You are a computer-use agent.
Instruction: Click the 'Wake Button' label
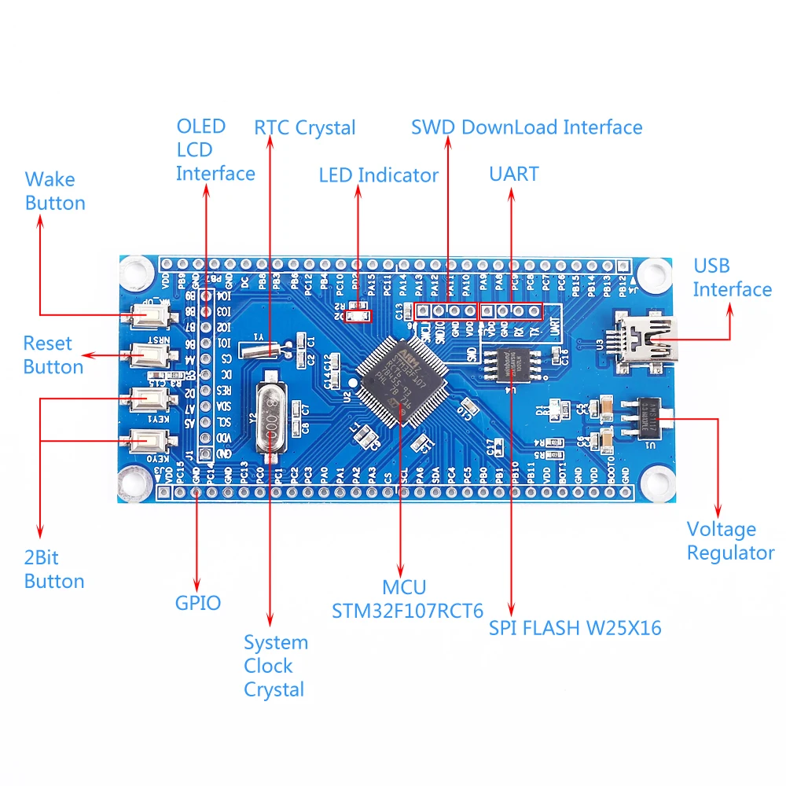click(55, 191)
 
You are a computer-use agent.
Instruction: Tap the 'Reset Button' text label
click(53, 355)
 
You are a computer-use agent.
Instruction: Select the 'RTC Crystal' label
click(305, 128)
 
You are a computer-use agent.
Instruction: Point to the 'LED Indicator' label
click(378, 175)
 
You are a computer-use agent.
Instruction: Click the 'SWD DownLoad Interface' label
click(527, 127)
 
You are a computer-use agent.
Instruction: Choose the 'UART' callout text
click(514, 174)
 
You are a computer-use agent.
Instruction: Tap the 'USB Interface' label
click(732, 277)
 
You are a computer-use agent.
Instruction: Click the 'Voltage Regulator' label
click(730, 541)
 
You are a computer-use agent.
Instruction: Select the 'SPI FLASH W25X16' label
click(575, 628)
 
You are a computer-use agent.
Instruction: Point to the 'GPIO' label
click(197, 603)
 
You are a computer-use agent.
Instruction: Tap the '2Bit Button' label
click(53, 570)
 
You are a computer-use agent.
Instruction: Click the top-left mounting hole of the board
click(136, 272)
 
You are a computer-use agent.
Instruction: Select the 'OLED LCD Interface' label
click(215, 149)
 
